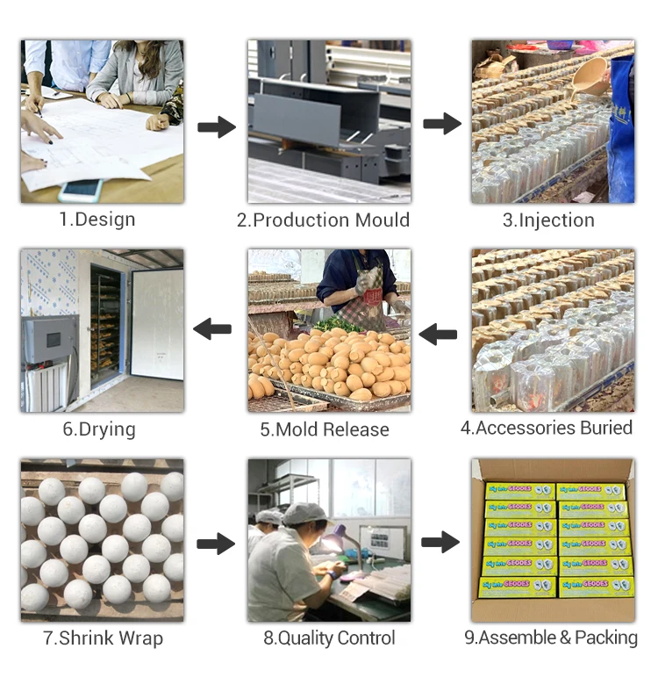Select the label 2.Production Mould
coord(323,220)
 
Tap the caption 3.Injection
coord(548,220)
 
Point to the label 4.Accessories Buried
coord(547,428)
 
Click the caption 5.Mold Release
coord(324,429)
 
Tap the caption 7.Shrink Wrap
coord(103,638)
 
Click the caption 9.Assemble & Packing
coord(551,638)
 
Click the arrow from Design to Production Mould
coord(216,128)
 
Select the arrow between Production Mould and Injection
coord(442,124)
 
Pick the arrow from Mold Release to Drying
coord(212,330)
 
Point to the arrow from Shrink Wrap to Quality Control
coord(216,544)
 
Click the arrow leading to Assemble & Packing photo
coord(440,542)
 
